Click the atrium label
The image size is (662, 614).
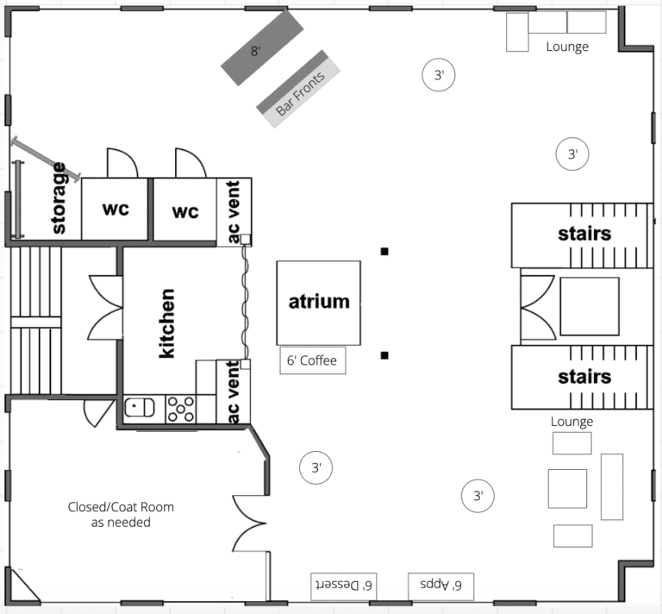319,302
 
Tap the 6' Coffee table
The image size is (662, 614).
313,360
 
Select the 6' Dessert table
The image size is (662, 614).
344,586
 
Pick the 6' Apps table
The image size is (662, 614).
440,586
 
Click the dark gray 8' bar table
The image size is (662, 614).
262,47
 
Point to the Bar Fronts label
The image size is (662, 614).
300,94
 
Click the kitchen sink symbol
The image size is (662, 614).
140,408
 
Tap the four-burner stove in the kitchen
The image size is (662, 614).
181,409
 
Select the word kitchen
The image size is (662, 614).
166,323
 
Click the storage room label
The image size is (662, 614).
59,198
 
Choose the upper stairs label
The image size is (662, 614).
584,234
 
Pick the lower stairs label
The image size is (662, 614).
584,377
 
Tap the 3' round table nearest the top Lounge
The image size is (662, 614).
439,75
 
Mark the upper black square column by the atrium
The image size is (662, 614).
384,251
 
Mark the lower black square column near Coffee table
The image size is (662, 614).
384,355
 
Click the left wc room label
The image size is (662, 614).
116,209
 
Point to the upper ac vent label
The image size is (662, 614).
233,212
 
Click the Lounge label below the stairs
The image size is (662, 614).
571,422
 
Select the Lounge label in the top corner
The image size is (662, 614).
567,47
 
